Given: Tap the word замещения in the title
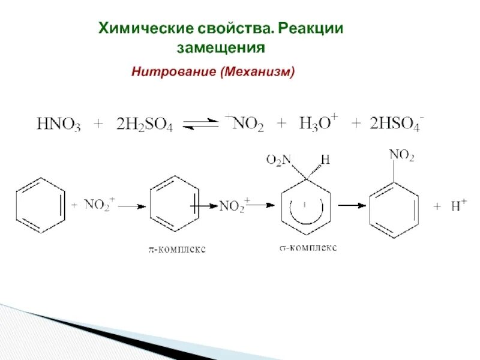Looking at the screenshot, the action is (221, 47).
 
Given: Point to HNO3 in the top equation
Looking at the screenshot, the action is (58, 125).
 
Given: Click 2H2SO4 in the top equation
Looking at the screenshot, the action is (145, 125).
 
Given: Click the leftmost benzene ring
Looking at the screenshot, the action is (40, 205).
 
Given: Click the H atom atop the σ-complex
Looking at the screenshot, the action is (325, 159).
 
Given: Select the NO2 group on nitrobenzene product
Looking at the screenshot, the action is (401, 156).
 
